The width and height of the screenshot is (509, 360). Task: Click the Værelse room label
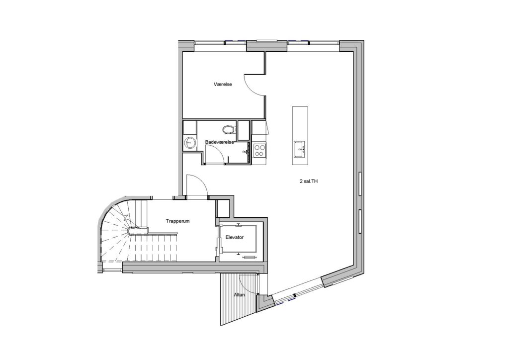pos(223,85)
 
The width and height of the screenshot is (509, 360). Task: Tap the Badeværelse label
pos(219,142)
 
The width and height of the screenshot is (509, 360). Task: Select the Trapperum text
pos(177,221)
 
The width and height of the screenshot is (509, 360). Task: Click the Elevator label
pos(235,237)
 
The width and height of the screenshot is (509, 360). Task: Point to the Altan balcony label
pos(239,295)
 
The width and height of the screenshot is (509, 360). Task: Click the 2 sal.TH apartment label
pos(308,182)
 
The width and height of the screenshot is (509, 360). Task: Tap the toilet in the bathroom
pos(229,129)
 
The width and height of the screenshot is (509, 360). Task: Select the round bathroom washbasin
pos(189,142)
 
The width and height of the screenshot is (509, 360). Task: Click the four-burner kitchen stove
pos(259,150)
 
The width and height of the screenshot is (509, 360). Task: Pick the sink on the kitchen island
pos(299,149)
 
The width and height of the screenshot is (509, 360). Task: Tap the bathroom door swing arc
pos(216,151)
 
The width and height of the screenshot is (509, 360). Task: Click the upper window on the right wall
pos(360,184)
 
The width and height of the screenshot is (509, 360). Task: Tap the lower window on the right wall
pos(360,221)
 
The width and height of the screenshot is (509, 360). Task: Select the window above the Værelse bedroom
pos(220,42)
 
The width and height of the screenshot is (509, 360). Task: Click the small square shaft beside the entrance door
pos(223,207)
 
